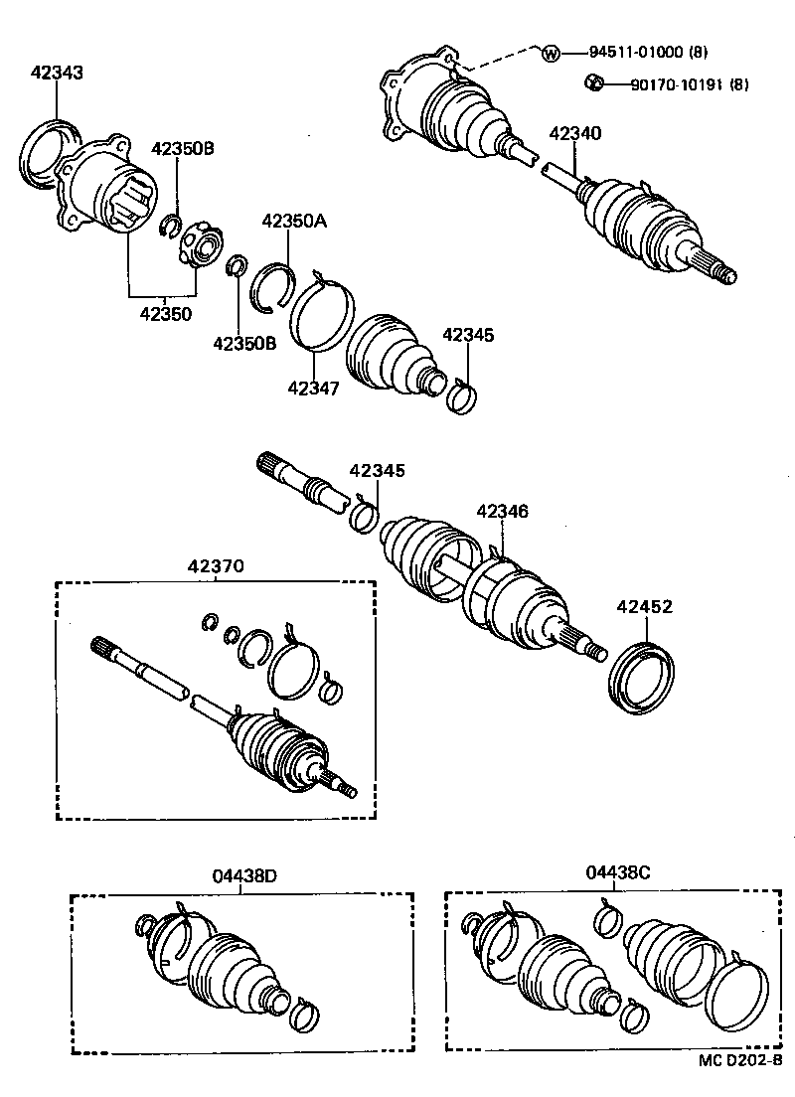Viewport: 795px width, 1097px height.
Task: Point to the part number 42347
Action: coord(314,388)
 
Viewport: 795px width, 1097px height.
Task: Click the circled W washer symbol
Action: coord(552,52)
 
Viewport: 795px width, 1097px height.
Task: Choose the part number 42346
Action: coord(502,512)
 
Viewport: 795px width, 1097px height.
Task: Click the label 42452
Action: coord(645,606)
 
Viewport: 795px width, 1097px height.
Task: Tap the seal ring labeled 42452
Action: coord(642,679)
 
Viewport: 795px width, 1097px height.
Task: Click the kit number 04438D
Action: coord(243,875)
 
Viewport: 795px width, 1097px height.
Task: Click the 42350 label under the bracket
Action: coord(164,313)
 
